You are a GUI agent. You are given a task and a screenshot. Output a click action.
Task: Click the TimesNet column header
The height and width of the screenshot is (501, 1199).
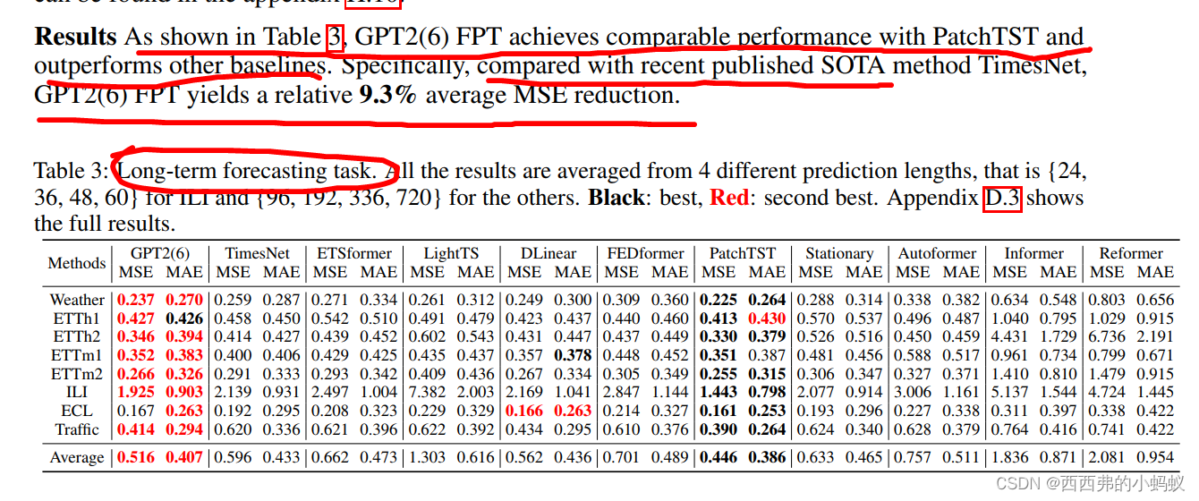(x=257, y=253)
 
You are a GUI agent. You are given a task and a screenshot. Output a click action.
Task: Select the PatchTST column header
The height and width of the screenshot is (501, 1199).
(x=743, y=253)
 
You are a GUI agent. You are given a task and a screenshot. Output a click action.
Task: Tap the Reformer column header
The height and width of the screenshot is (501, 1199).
(x=1131, y=253)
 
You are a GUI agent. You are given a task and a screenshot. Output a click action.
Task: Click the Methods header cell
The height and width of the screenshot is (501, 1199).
(x=76, y=263)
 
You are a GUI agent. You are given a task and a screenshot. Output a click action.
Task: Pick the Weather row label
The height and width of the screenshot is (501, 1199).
(x=77, y=300)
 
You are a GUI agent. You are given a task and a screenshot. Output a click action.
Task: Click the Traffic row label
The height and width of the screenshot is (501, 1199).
(x=77, y=429)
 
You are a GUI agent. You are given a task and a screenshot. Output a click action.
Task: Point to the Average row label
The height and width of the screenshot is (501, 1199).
(x=77, y=458)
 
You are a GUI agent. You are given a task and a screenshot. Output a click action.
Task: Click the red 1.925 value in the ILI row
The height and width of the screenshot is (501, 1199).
(x=136, y=393)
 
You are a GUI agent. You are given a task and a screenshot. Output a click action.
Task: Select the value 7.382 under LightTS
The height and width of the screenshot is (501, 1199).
(x=427, y=393)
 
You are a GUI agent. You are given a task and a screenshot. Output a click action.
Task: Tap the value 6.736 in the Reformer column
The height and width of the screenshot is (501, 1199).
(x=1107, y=337)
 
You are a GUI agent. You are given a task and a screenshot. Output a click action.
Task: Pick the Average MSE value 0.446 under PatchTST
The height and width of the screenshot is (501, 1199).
(x=719, y=458)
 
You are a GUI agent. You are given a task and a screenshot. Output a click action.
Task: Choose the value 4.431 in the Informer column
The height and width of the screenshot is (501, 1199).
(x=1010, y=337)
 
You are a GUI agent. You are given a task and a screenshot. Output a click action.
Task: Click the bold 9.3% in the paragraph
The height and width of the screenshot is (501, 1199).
(x=387, y=95)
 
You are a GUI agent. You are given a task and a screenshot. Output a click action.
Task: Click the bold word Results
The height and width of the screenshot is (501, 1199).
(x=75, y=37)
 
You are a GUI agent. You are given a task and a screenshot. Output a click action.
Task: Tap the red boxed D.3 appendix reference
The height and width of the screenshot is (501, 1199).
(x=1003, y=198)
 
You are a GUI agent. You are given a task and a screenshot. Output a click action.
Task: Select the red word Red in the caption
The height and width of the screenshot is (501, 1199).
(x=729, y=198)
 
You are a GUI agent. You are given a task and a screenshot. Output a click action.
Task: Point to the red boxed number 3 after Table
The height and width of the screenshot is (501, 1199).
(x=335, y=37)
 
